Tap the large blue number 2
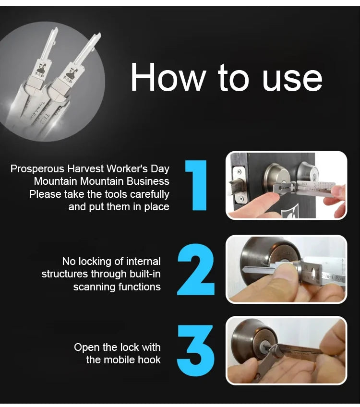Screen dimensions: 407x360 point(196,269)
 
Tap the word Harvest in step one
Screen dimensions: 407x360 point(84,168)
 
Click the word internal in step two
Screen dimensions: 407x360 point(143,262)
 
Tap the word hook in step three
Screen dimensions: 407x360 point(150,359)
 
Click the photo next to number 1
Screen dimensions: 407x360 point(286,185)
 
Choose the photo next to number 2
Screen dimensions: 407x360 point(286,269)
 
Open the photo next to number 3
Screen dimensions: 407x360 point(286,351)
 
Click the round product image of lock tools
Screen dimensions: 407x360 point(56,82)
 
